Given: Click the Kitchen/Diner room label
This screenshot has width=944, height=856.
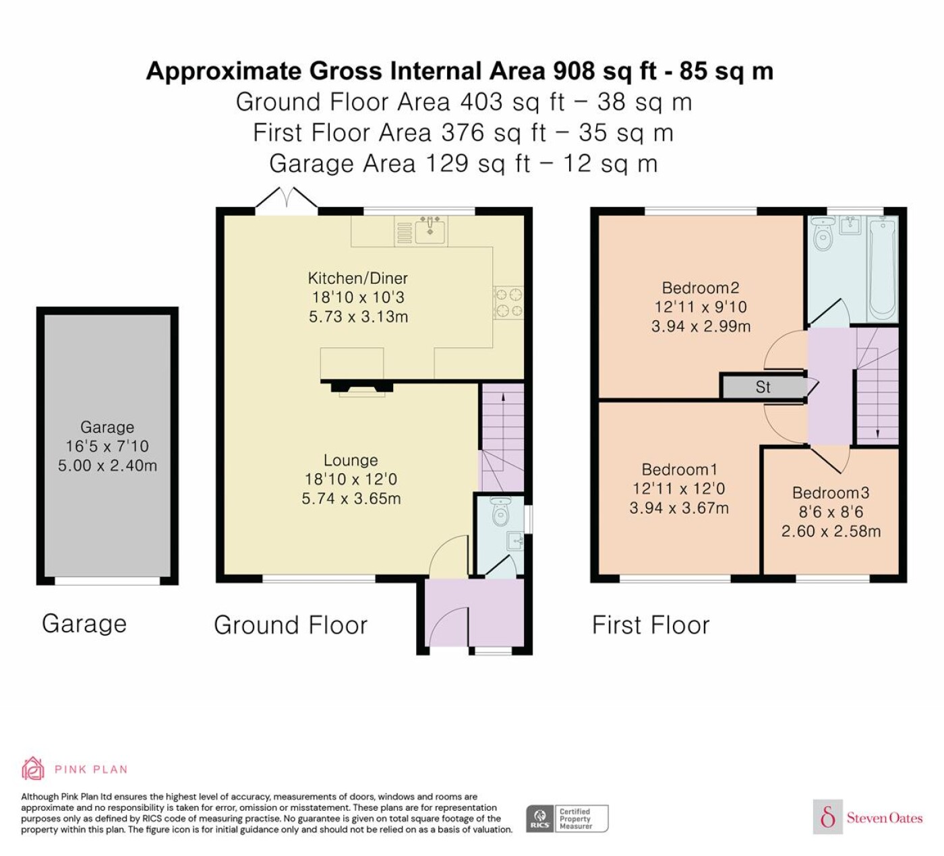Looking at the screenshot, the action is (x=357, y=278).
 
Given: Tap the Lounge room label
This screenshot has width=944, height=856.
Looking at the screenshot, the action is (x=351, y=460).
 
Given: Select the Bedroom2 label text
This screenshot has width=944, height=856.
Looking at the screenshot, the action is (x=700, y=288).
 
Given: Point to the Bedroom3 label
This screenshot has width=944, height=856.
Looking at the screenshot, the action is (x=831, y=493).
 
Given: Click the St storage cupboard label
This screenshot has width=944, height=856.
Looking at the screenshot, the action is (x=763, y=388).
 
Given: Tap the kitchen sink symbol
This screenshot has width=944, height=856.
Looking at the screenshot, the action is (x=429, y=230).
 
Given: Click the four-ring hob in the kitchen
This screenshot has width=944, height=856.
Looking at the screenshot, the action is (x=508, y=303).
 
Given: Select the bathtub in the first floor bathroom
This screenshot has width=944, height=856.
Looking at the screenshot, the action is (x=883, y=268).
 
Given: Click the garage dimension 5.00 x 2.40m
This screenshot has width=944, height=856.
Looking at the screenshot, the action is (x=107, y=466).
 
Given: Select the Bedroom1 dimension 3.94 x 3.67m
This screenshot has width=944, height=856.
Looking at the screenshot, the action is (x=679, y=508).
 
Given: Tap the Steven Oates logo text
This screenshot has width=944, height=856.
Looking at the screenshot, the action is (x=885, y=818).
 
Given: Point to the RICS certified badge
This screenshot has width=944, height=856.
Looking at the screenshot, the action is (x=567, y=818).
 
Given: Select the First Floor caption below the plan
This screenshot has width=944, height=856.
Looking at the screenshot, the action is (x=651, y=625).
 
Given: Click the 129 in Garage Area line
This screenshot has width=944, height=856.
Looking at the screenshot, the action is (x=446, y=164).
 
